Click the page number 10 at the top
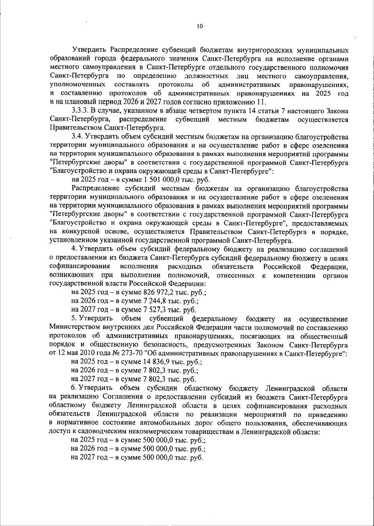pyautogui.click(x=200, y=26)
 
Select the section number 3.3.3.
pyautogui.click(x=80, y=111)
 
